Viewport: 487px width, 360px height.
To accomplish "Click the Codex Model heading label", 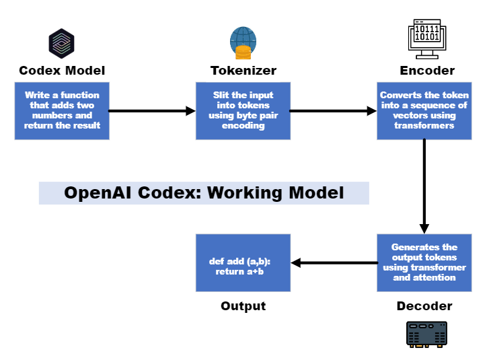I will (62, 71).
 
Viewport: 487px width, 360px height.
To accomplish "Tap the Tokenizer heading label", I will (243, 71).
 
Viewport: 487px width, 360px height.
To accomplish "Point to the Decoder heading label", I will (424, 306).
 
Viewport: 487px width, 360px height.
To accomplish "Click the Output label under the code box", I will (243, 306).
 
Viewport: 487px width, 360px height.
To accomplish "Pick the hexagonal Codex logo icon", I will (61, 44).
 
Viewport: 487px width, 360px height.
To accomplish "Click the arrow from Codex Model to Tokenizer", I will (152, 110).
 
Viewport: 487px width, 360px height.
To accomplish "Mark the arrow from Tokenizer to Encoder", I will (333, 110).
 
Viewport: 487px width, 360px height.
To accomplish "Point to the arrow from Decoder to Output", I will (334, 262).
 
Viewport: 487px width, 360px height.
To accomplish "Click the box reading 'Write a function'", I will (62, 111).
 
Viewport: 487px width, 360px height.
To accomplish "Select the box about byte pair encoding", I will (243, 111).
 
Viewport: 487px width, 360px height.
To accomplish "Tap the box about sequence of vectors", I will (424, 111).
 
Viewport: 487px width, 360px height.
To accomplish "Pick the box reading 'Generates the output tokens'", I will (424, 262).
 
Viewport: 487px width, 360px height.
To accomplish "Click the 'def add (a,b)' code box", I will (243, 262).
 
